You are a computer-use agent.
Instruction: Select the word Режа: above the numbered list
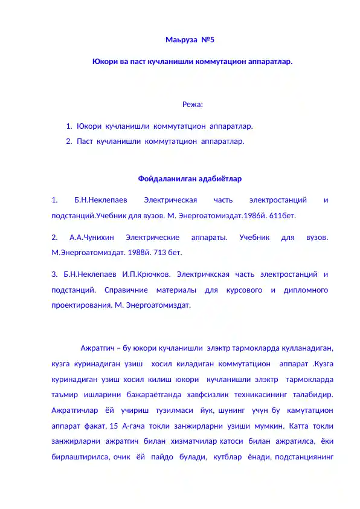click(193, 105)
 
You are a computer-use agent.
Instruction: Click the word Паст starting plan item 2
click(85, 141)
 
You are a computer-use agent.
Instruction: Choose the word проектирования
click(82, 305)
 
